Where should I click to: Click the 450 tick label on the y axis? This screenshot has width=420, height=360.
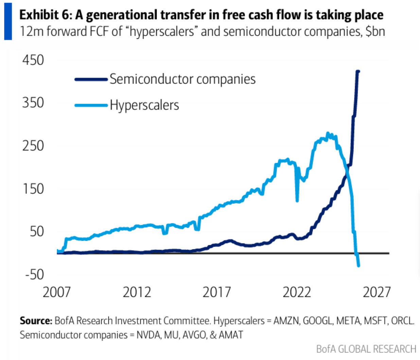[x=33, y=60]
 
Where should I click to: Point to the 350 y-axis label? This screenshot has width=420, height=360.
[x=33, y=103]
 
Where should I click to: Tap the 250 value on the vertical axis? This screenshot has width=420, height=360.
[x=33, y=146]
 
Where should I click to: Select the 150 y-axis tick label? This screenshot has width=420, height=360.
[x=33, y=189]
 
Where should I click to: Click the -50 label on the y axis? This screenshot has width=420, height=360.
[x=35, y=274]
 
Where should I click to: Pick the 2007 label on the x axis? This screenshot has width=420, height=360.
[x=57, y=292]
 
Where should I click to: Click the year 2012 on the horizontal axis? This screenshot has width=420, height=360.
[x=137, y=292]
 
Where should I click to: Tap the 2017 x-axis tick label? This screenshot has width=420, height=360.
[x=217, y=292]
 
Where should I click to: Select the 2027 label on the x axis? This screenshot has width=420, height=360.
[x=377, y=292]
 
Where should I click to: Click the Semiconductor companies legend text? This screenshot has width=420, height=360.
[x=183, y=79]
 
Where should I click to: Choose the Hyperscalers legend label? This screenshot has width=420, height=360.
[x=144, y=105]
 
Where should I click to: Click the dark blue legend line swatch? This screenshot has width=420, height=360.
[x=91, y=79]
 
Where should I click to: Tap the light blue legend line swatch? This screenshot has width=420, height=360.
[x=91, y=105]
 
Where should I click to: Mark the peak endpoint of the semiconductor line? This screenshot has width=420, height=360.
[x=358, y=71]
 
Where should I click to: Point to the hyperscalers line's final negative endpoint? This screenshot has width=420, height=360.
[x=358, y=266]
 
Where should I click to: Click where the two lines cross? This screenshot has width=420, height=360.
[x=347, y=172]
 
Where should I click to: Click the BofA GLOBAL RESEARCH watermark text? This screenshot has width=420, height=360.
[x=366, y=349]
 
